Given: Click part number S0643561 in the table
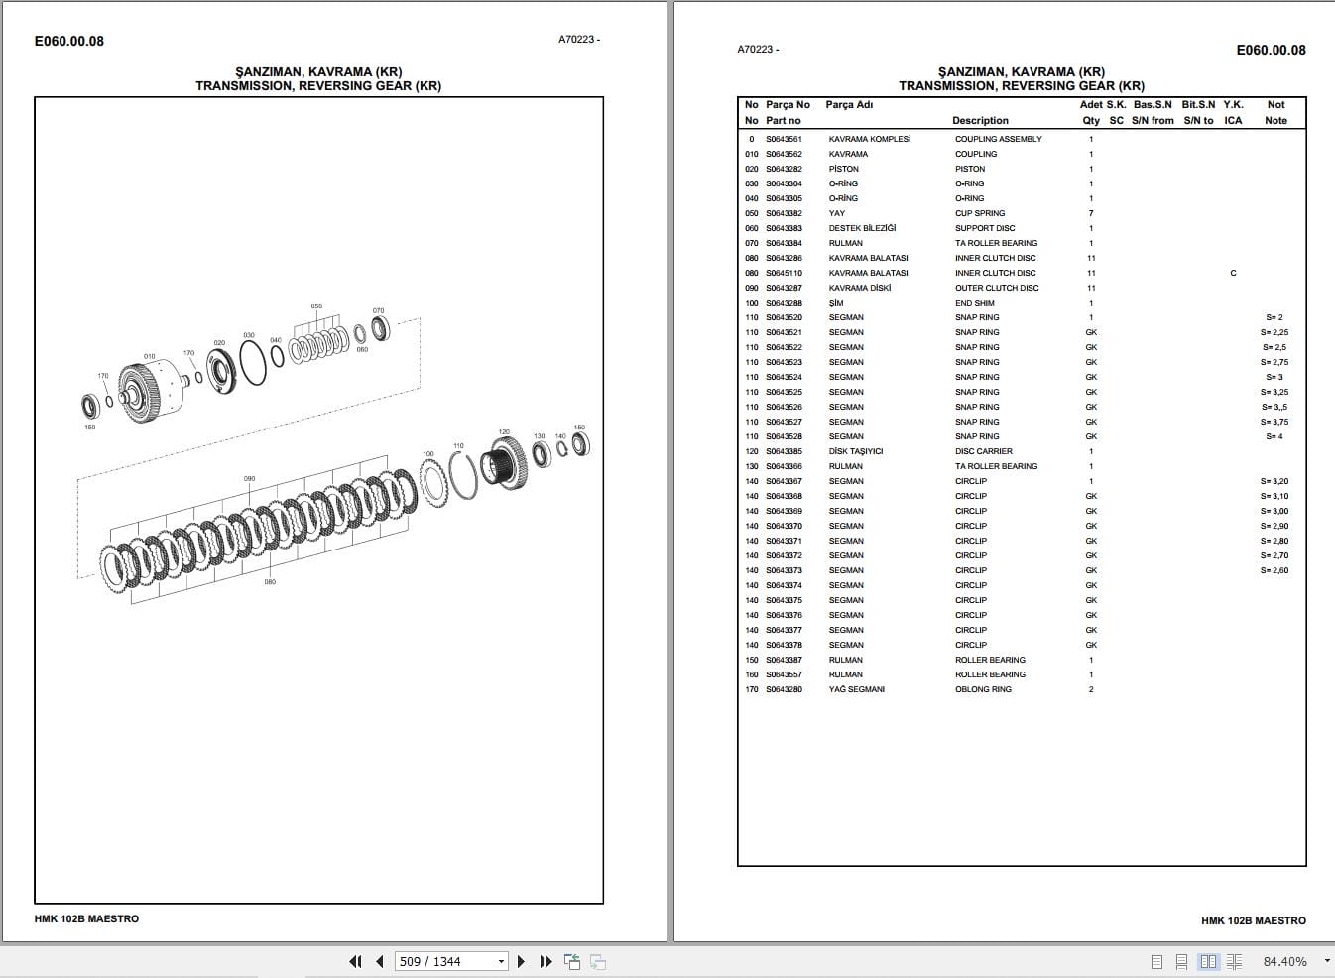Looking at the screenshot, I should tap(784, 139).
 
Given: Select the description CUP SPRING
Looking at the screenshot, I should tap(980, 213).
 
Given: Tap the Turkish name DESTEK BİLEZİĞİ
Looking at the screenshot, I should tap(862, 228).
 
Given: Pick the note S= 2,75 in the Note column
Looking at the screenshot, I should tap(1274, 362).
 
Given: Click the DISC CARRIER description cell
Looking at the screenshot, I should tap(983, 451).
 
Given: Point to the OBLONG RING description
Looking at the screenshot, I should tap(983, 689).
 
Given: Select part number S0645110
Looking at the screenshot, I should tap(784, 273).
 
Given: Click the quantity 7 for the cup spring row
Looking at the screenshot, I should tap(1091, 213).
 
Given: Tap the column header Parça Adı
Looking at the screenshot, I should tap(849, 104).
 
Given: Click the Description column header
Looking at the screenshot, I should tap(980, 120).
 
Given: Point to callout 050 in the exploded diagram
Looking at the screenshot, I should tap(316, 306).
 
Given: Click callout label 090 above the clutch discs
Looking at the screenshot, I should tap(249, 479).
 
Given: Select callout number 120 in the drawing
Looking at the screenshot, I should tap(504, 432).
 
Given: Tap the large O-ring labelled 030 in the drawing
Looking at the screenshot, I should tap(253, 363).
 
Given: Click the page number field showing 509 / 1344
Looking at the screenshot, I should tap(445, 961).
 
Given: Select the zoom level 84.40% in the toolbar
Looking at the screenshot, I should tap(1284, 961).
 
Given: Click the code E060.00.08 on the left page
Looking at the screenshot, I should tap(68, 41).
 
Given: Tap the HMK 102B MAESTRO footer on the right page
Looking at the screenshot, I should tap(1253, 920).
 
